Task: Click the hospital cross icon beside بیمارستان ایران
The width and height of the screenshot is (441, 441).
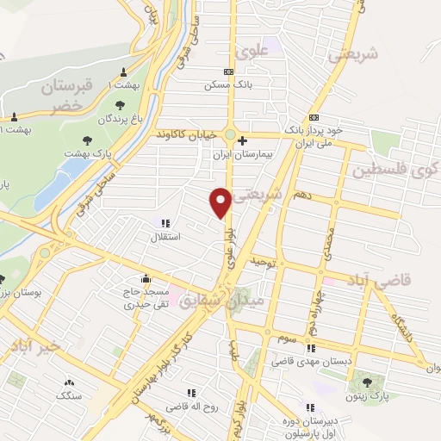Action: point(244,140)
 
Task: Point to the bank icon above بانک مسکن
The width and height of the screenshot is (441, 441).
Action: point(227,72)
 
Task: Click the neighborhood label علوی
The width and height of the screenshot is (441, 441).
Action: point(275,51)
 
